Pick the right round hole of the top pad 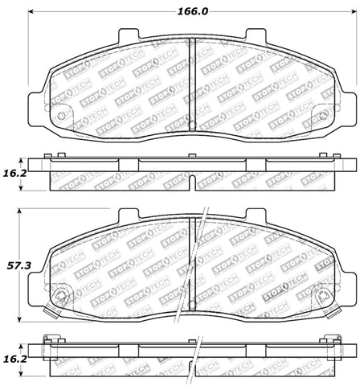pos(321,117)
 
